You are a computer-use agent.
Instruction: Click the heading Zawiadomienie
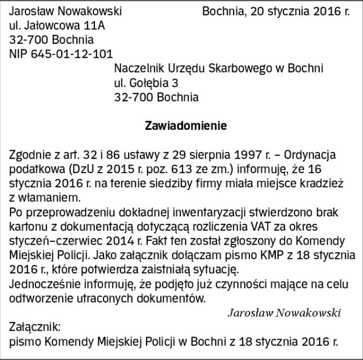186,125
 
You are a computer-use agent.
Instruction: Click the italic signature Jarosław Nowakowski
284,312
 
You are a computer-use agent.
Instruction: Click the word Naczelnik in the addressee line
137,69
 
